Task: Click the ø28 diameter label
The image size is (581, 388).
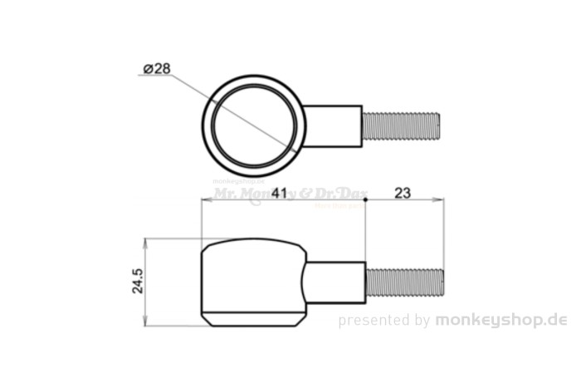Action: (157, 69)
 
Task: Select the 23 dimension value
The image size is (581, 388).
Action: (403, 193)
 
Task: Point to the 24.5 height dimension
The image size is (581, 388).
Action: (138, 281)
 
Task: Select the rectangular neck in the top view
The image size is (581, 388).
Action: (333, 126)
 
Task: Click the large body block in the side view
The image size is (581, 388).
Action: (253, 281)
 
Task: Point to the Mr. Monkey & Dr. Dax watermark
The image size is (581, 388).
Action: (290, 194)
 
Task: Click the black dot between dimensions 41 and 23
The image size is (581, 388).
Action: (365, 199)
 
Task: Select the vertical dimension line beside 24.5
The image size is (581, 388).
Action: (146, 282)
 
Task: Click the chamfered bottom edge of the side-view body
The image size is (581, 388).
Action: (253, 319)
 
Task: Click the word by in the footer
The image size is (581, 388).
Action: (422, 321)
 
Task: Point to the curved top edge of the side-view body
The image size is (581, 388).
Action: (253, 240)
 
